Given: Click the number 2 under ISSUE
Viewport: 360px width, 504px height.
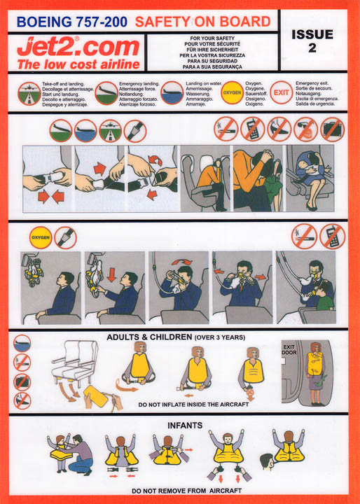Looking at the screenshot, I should click(x=312, y=48).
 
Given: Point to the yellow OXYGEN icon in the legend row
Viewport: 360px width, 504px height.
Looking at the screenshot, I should click(x=233, y=92).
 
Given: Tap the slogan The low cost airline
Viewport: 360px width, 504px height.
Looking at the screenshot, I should click(x=69, y=64).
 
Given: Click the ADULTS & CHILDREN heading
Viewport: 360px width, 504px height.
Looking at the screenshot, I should click(x=175, y=337).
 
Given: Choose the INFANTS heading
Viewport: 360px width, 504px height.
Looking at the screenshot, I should click(x=185, y=425).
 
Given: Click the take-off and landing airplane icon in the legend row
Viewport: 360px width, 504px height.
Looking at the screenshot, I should click(x=29, y=92).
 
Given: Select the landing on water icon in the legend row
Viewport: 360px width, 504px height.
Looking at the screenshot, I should click(x=172, y=92).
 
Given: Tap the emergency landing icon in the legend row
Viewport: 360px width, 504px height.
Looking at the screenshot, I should click(x=106, y=92).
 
